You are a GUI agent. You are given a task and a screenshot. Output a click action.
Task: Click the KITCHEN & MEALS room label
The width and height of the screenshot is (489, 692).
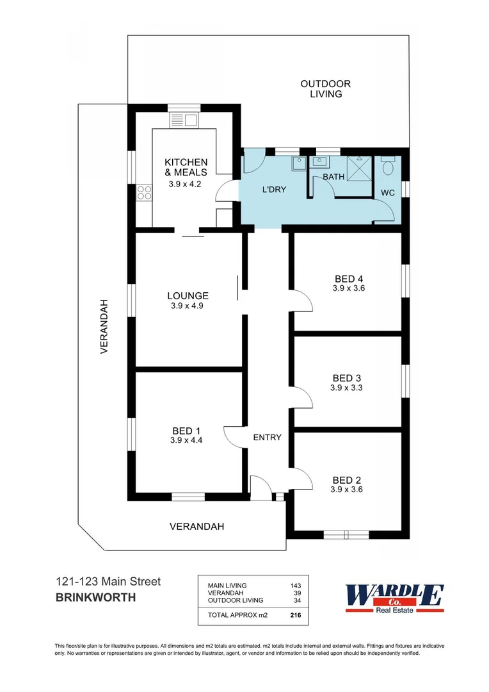(x=186, y=167)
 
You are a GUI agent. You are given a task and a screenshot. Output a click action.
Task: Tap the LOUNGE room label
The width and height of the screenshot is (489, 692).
(x=188, y=296)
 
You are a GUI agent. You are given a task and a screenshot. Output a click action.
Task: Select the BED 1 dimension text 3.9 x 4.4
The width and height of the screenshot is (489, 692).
(x=186, y=440)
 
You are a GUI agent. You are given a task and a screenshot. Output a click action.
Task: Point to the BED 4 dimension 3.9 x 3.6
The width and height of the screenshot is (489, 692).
(x=348, y=288)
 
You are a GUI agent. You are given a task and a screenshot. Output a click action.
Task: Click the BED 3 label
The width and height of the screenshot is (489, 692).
(x=348, y=377)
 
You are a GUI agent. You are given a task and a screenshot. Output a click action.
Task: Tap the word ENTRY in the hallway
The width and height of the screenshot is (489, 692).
(x=267, y=438)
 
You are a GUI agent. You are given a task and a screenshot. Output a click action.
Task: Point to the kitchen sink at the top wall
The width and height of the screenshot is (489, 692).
(x=184, y=120)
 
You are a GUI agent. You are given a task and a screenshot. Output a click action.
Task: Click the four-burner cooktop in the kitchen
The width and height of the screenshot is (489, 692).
(x=144, y=192)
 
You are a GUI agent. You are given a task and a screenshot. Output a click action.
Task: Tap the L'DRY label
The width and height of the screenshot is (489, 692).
(x=274, y=190)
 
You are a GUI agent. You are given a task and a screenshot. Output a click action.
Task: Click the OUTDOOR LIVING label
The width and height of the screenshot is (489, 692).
(x=326, y=88)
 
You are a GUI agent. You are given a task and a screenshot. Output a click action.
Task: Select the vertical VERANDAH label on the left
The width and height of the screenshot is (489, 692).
(x=103, y=326)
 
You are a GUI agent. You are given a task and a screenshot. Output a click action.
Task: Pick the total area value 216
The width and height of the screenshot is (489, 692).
(x=295, y=615)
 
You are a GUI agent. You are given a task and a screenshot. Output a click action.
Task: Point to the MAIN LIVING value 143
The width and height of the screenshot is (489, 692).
(x=295, y=586)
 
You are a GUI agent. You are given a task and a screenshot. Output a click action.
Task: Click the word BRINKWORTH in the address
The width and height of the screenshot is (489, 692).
(x=95, y=598)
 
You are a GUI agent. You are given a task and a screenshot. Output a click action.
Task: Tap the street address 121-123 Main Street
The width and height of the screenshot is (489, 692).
(x=108, y=582)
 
